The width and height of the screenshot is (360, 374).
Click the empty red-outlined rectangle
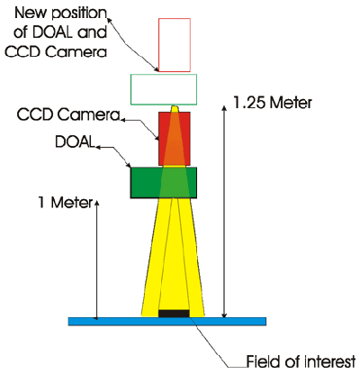[x=175, y=19]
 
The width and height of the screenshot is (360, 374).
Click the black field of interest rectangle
[x=174, y=314]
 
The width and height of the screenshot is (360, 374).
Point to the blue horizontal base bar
[x=167, y=321]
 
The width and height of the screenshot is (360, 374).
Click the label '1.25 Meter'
[x=273, y=103]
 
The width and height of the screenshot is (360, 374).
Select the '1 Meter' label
[x=66, y=203]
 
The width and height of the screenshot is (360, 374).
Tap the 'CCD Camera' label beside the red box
[x=68, y=114]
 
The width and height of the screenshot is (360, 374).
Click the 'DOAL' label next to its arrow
[x=75, y=141]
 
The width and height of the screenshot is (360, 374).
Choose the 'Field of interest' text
[x=301, y=361]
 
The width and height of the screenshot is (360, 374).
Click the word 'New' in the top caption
[x=30, y=13]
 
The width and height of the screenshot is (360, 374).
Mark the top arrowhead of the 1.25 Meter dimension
[x=224, y=108]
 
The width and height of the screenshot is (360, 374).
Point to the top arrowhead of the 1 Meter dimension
[x=96, y=203]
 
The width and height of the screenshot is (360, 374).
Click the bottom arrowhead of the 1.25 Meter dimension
[x=224, y=315]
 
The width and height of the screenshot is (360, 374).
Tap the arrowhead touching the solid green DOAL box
[x=129, y=165]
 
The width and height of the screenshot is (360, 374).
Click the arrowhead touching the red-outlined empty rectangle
[x=156, y=69]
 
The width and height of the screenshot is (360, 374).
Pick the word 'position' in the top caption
[x=76, y=14]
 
